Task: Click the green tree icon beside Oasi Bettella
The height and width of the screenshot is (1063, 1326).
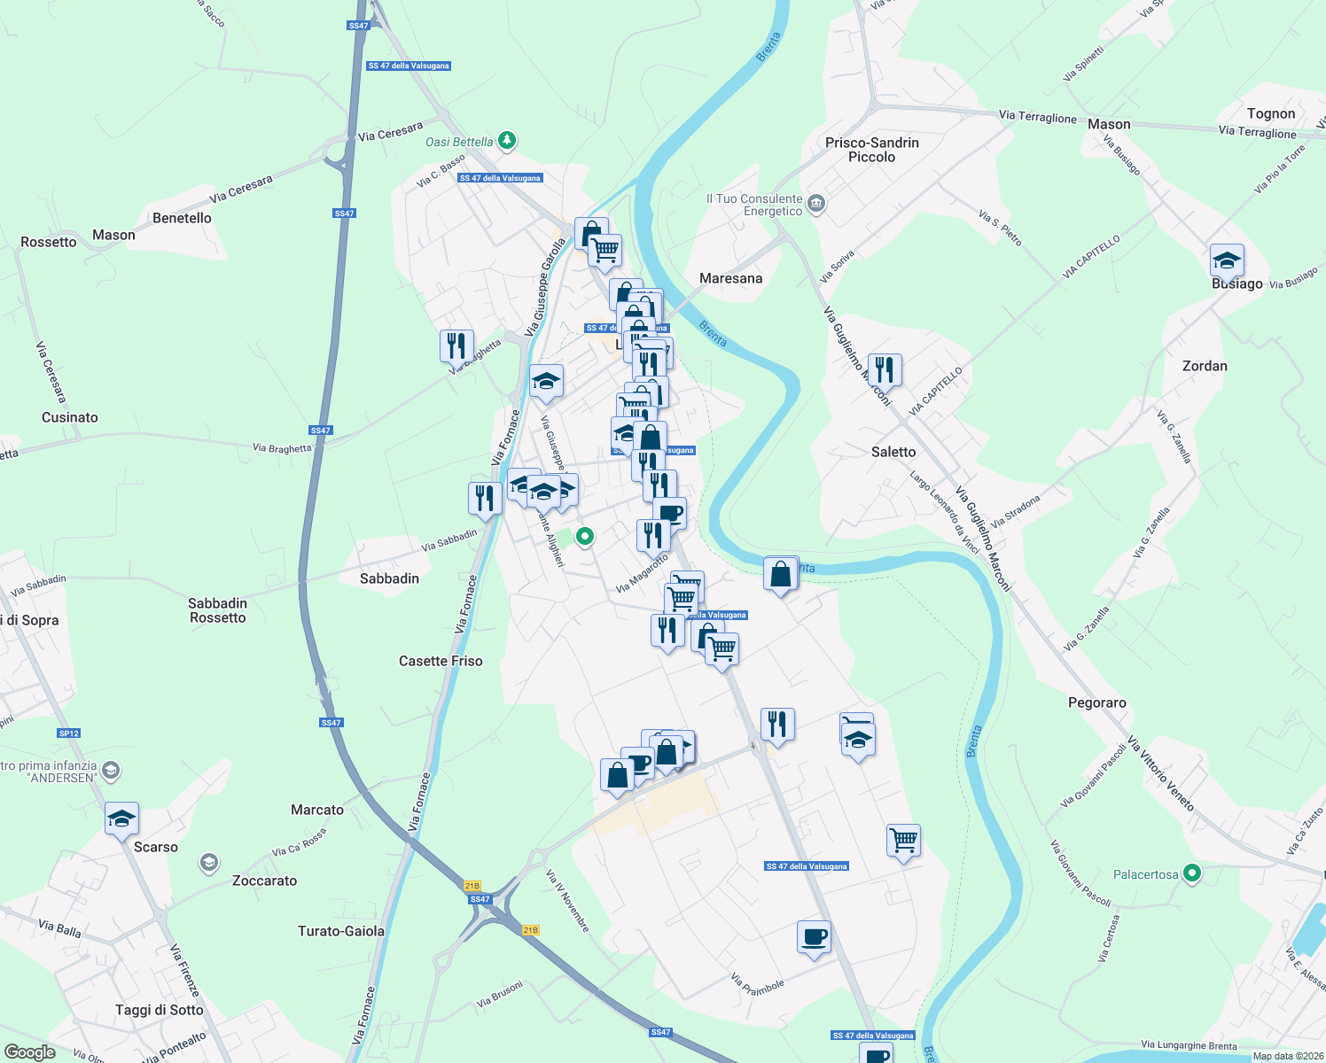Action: pos(507,140)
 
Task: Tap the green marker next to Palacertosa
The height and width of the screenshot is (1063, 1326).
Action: pos(1192,874)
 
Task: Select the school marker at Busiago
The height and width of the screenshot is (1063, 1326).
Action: pos(1227,260)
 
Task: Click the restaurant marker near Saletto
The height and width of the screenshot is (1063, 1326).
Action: pos(884,369)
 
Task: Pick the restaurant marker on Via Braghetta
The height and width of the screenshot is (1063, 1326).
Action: pos(456,345)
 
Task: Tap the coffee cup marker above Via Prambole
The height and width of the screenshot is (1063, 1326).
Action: pos(814,937)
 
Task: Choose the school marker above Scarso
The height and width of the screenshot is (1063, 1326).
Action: pos(121,819)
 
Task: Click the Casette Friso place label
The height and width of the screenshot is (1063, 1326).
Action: pos(441,661)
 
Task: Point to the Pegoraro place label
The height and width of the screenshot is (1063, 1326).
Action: pos(1096,702)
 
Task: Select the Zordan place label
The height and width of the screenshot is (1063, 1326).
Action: pos(1205,366)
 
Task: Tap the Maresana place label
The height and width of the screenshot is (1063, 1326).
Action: pos(730,278)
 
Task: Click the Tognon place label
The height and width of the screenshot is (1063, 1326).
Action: pos(1271,113)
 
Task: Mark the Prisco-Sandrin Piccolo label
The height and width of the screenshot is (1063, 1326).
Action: pos(871,150)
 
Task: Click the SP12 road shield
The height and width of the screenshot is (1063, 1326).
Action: pos(69,733)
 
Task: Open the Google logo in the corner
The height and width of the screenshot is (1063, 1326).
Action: pos(29,1052)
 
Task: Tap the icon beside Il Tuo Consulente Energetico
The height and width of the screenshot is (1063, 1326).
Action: pos(816,205)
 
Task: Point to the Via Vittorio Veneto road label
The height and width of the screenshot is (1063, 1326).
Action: pos(1161,773)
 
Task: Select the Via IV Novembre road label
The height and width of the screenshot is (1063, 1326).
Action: pos(567,900)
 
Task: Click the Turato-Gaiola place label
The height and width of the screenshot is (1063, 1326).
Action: pos(341,931)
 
